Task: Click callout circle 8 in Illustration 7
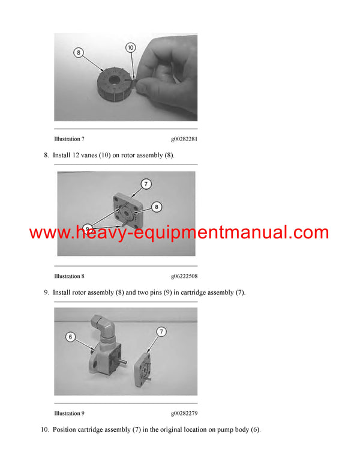(79, 52)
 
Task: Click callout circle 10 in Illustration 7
(130, 47)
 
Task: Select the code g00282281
(184, 139)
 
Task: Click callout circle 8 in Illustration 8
(157, 207)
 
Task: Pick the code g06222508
(184, 276)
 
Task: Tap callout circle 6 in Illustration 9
(70, 337)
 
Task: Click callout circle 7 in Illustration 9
(161, 331)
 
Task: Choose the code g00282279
(184, 413)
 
